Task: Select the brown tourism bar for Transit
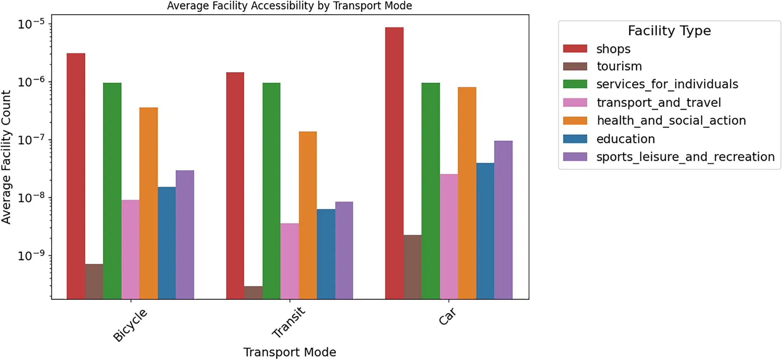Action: [253, 293]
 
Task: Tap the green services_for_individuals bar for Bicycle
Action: [112, 191]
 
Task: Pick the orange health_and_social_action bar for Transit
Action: [308, 215]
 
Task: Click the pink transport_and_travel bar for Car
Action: [449, 236]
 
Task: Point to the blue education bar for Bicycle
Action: [167, 243]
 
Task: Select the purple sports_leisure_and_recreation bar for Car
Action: [503, 220]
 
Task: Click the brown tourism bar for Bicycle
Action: [94, 281]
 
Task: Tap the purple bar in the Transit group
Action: [344, 250]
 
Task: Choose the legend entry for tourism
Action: [619, 66]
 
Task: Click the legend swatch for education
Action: [575, 139]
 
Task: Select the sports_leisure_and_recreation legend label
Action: [685, 157]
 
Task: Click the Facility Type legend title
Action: [669, 31]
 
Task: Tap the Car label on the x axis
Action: [447, 316]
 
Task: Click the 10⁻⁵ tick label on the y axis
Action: [31, 24]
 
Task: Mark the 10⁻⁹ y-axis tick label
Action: [31, 255]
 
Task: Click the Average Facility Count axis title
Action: [6, 157]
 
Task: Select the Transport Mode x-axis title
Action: [289, 352]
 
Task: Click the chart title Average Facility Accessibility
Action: [289, 6]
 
